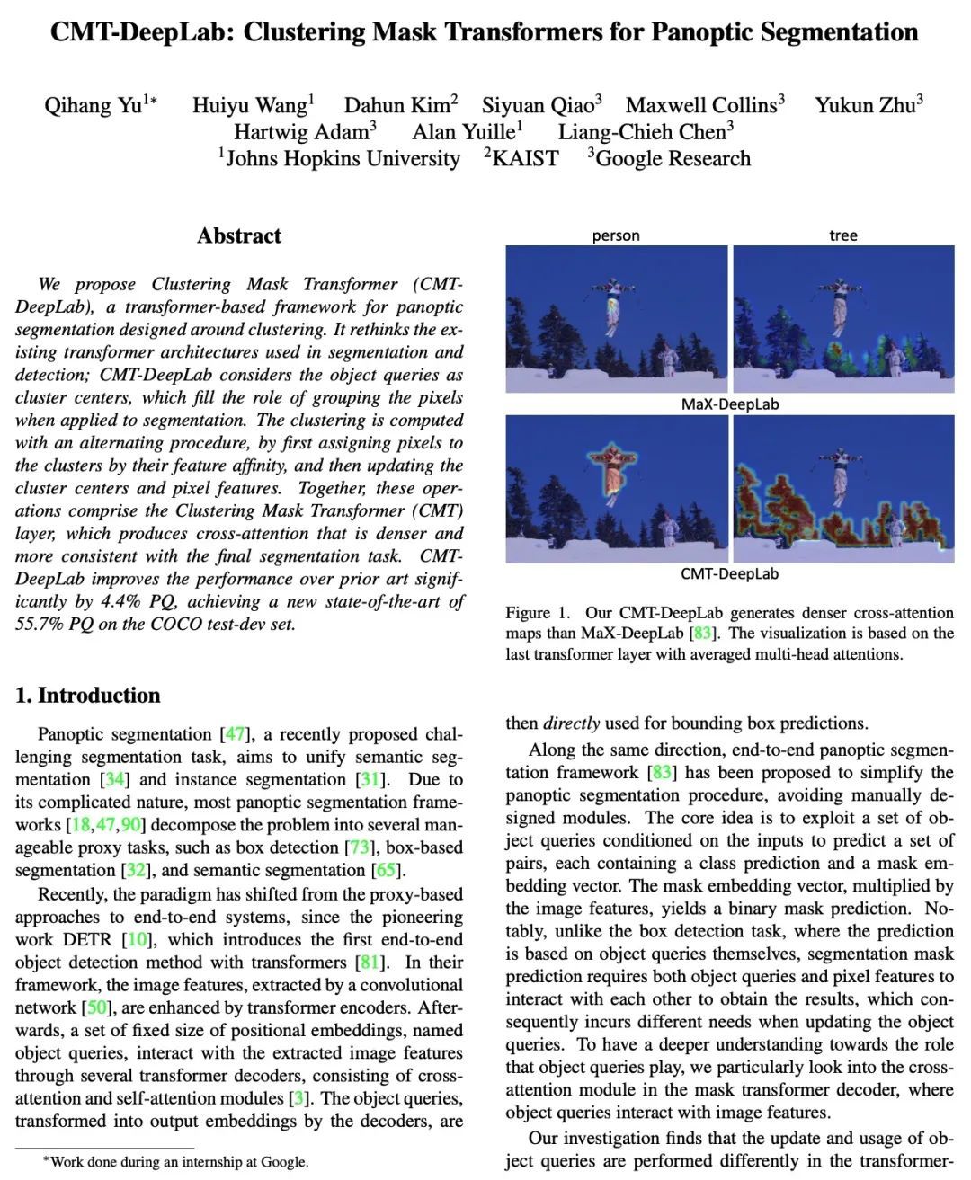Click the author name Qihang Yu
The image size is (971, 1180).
[94, 106]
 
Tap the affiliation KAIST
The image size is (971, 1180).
[525, 159]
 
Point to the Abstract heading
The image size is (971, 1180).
[239, 236]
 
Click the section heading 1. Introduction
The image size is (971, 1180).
[88, 695]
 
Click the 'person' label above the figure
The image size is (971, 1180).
[616, 235]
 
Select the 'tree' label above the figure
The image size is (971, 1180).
[842, 235]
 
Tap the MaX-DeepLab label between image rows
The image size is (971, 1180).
[729, 404]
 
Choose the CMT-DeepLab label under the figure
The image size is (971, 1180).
[729, 573]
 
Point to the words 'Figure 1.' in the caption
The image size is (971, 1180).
[538, 613]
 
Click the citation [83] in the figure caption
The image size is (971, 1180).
[701, 634]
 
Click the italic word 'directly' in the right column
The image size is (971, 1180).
[572, 723]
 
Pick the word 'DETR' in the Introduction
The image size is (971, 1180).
[92, 940]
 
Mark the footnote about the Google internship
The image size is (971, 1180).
[175, 1162]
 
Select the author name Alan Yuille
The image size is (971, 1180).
[463, 132]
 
